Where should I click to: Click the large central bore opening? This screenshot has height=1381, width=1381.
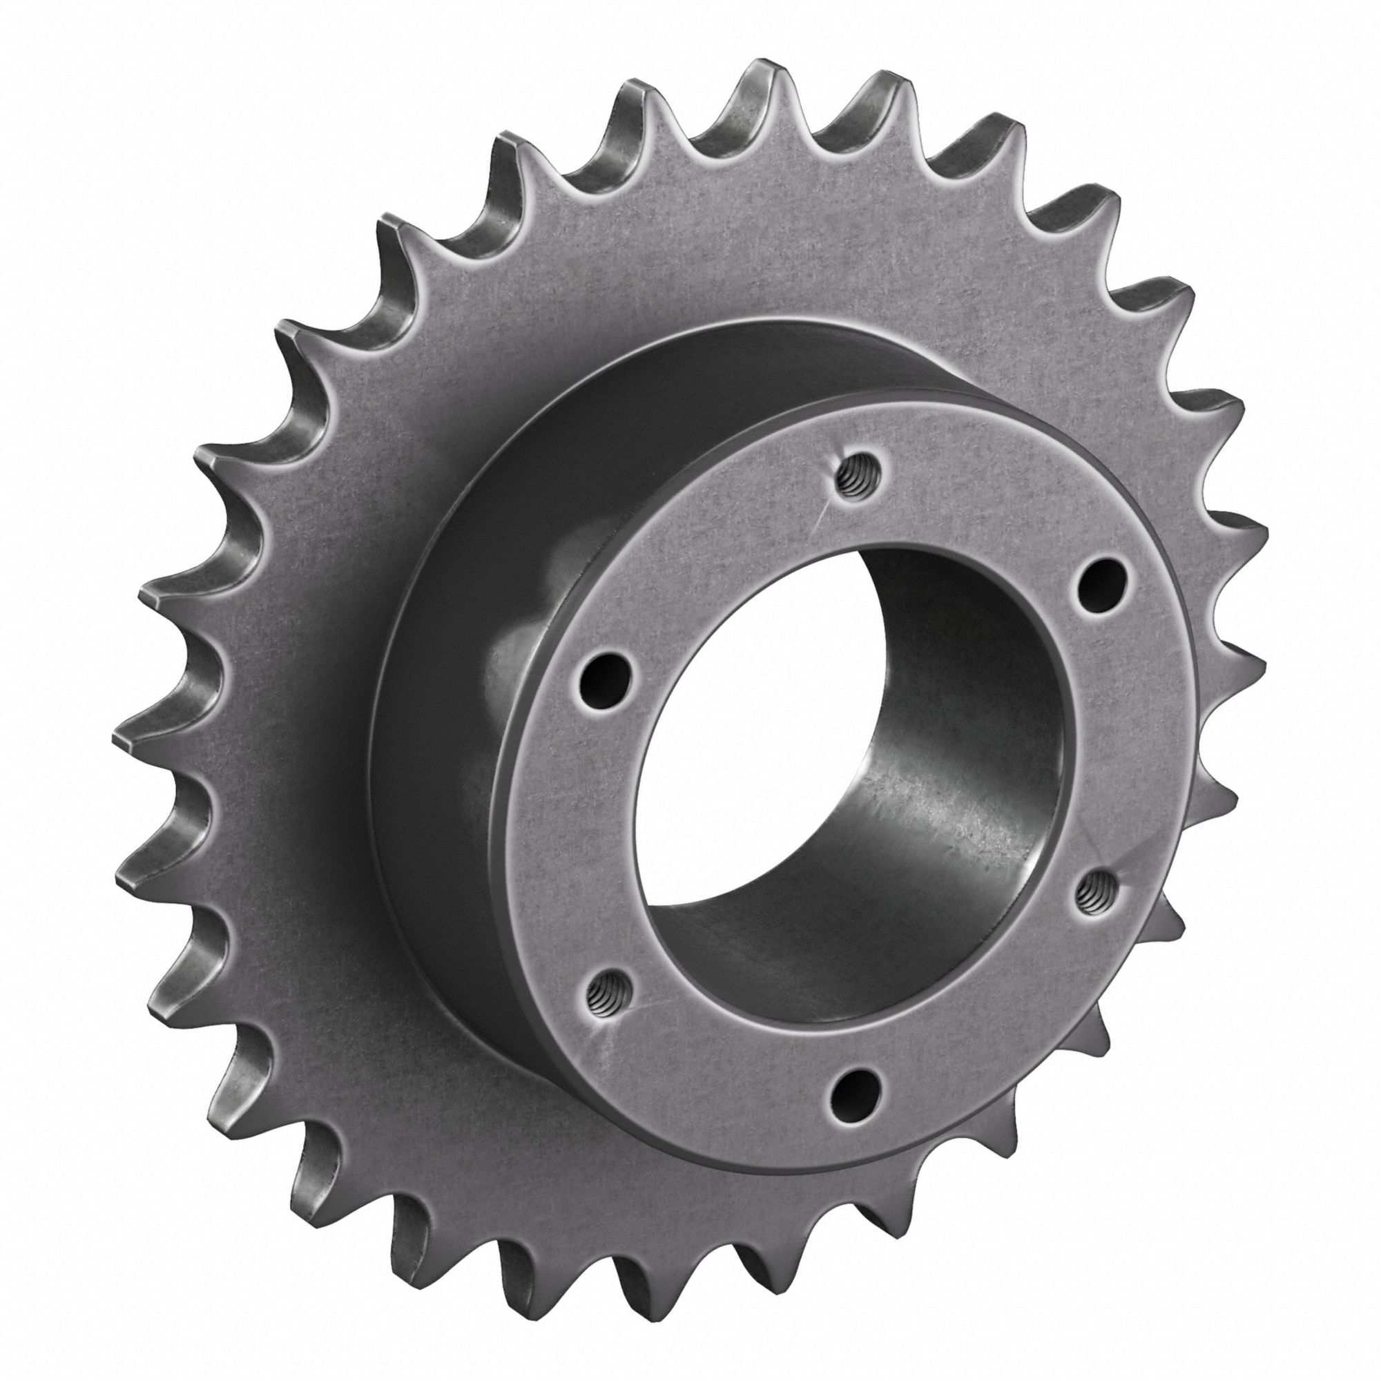coord(851,786)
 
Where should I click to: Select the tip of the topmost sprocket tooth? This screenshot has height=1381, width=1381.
coord(769,68)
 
